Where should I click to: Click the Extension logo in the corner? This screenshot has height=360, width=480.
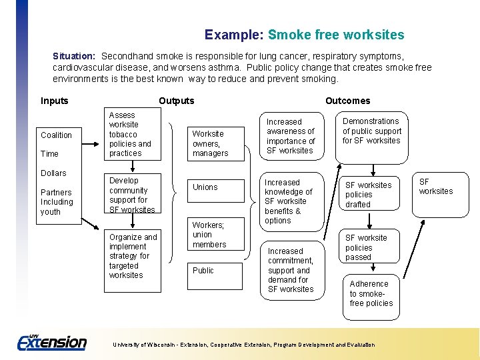pyautogui.click(x=52, y=341)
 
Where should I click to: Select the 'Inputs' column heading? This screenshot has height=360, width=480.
pyautogui.click(x=55, y=101)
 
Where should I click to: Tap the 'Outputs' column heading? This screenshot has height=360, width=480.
pyautogui.click(x=177, y=101)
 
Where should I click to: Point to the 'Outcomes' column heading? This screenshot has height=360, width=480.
pyautogui.click(x=347, y=101)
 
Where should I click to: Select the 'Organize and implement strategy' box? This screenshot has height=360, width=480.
pyautogui.click(x=133, y=256)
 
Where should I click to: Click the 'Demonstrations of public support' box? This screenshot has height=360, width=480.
pyautogui.click(x=371, y=131)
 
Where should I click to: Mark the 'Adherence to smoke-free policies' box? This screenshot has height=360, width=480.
pyautogui.click(x=371, y=293)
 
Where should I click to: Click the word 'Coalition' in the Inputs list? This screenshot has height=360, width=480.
pyautogui.click(x=56, y=135)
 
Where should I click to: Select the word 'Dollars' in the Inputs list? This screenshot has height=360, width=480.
pyautogui.click(x=53, y=173)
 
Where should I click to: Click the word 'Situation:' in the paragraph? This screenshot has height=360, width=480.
pyautogui.click(x=74, y=57)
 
